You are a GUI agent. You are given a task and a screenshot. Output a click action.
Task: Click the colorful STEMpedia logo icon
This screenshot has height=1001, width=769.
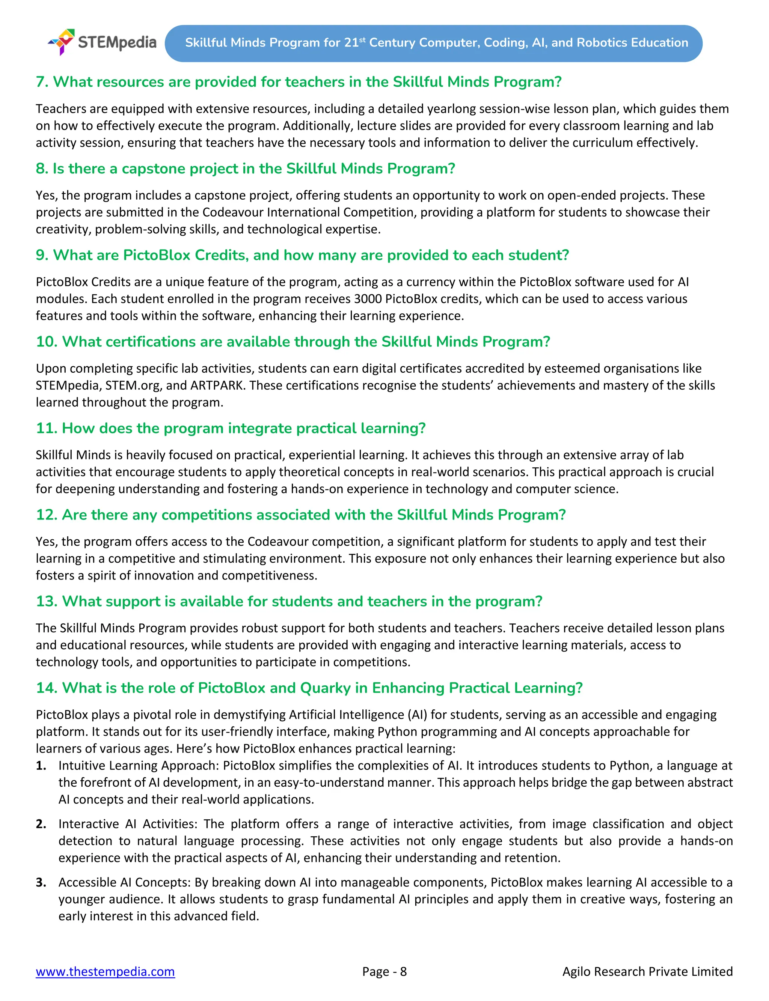pyautogui.click(x=62, y=42)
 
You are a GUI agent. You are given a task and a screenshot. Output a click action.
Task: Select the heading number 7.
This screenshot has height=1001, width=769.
pyautogui.click(x=42, y=82)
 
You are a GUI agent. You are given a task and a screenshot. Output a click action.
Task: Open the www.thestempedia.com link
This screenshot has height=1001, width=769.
pyautogui.click(x=105, y=971)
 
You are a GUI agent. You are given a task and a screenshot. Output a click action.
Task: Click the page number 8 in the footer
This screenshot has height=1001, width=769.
pyautogui.click(x=403, y=971)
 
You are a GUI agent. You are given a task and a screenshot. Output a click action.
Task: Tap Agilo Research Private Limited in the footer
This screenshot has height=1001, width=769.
pyautogui.click(x=647, y=971)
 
